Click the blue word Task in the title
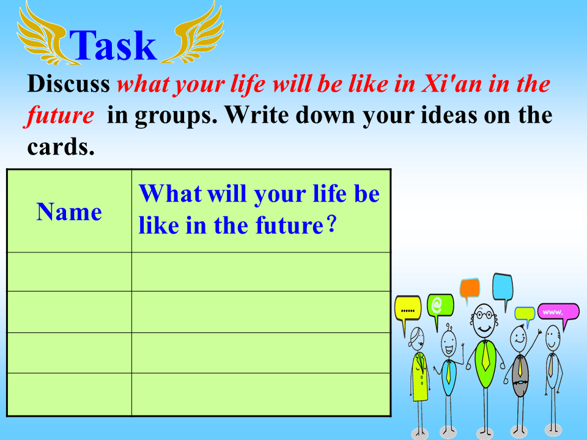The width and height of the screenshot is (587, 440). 113,45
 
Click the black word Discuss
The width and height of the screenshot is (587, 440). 68,83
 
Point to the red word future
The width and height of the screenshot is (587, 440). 60,116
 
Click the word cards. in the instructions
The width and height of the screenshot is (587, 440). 61,147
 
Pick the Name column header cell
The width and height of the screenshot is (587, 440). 69,211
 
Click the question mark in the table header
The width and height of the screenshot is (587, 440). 331,224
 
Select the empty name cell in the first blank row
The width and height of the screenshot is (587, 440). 69,272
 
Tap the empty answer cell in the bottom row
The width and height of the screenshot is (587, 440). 261,394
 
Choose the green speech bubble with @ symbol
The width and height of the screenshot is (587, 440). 440,307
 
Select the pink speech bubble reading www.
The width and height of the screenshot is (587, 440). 558,313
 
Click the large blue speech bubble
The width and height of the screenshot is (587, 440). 503,287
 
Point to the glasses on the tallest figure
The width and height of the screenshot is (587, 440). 484,315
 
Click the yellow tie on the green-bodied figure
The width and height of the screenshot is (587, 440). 485,356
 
